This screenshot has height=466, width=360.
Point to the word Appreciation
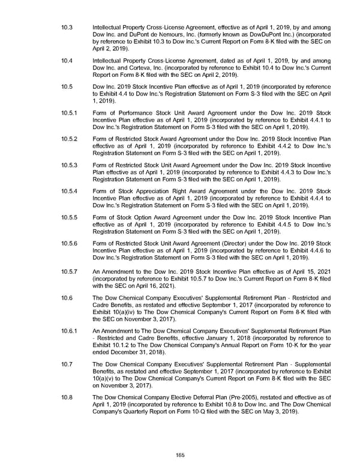click(x=157, y=192)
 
